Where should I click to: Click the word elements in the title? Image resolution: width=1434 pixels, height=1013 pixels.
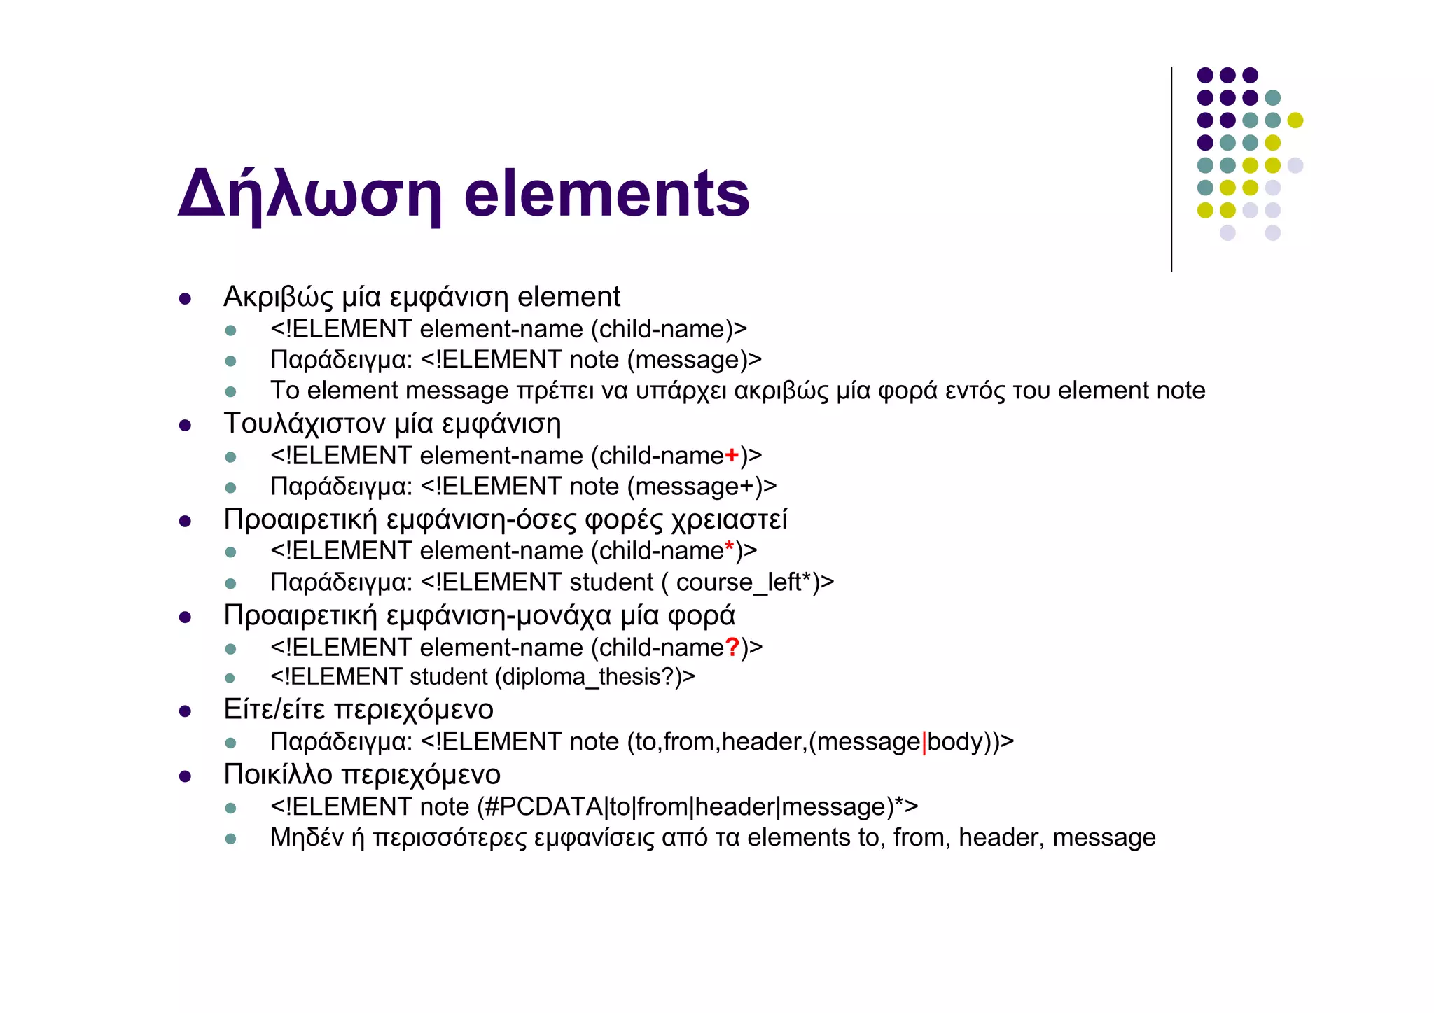click(606, 193)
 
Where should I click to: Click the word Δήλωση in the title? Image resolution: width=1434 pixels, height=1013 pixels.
click(309, 195)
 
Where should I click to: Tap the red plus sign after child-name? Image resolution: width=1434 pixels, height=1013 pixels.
click(732, 456)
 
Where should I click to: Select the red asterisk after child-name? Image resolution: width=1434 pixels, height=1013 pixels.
click(730, 547)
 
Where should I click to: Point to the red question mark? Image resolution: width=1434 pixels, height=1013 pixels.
click(732, 648)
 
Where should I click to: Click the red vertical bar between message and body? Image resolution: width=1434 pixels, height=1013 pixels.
click(924, 742)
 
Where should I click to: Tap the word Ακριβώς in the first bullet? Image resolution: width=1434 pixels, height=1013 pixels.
click(278, 298)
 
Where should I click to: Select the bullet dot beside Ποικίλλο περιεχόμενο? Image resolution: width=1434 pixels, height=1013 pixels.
click(185, 776)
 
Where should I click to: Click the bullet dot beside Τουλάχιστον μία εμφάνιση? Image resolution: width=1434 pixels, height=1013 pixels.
click(185, 425)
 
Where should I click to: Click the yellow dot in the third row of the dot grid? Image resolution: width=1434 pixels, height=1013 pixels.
click(1295, 120)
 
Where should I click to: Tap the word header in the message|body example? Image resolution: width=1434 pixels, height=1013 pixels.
click(763, 742)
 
